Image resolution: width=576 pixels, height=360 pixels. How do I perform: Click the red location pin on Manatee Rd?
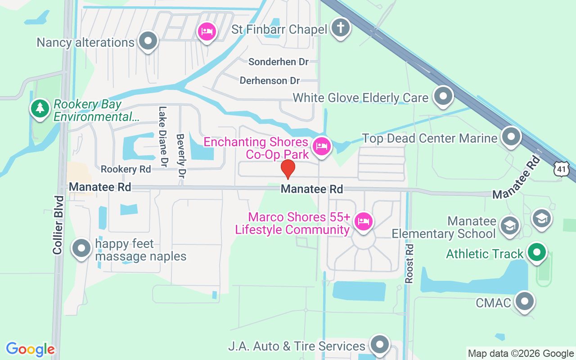(x=288, y=170)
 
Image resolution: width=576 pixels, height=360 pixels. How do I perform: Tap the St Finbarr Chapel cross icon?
(x=341, y=28)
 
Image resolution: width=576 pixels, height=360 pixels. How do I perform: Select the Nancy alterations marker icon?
(x=148, y=41)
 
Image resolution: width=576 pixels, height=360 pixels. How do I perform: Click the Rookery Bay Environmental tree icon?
(x=40, y=108)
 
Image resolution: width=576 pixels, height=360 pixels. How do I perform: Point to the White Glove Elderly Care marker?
(x=443, y=96)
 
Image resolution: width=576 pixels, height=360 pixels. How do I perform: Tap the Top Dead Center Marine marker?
(x=511, y=137)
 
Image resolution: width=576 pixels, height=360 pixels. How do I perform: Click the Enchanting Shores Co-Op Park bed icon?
(x=322, y=146)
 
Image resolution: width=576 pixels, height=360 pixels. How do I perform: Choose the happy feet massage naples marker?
(x=81, y=248)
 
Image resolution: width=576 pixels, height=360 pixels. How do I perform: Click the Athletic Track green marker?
(x=536, y=252)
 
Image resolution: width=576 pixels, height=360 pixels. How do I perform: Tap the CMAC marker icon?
(x=524, y=301)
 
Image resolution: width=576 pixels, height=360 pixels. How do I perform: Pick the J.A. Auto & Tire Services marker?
(x=379, y=345)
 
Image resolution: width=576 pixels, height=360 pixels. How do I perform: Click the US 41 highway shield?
(x=562, y=169)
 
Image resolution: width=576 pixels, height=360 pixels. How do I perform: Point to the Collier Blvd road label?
(x=58, y=225)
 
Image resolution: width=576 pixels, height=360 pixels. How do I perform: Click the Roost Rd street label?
(x=409, y=264)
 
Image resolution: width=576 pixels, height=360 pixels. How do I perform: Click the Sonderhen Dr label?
(x=279, y=62)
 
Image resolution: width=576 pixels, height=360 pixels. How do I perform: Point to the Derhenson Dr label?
(x=270, y=81)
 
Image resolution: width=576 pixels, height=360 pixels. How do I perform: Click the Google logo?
(x=30, y=349)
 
